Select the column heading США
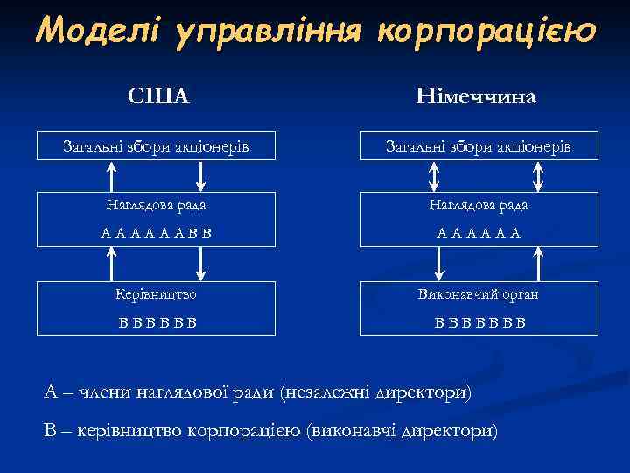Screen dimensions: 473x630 point(158,95)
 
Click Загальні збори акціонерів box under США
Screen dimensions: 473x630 point(157,146)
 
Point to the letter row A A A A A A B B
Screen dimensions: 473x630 point(157,233)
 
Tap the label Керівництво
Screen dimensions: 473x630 point(157,293)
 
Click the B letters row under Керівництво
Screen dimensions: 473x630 point(157,321)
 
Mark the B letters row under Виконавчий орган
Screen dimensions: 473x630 point(480,321)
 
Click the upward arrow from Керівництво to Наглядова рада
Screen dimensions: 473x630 point(111,262)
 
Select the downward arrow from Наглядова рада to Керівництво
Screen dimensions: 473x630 point(202,262)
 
